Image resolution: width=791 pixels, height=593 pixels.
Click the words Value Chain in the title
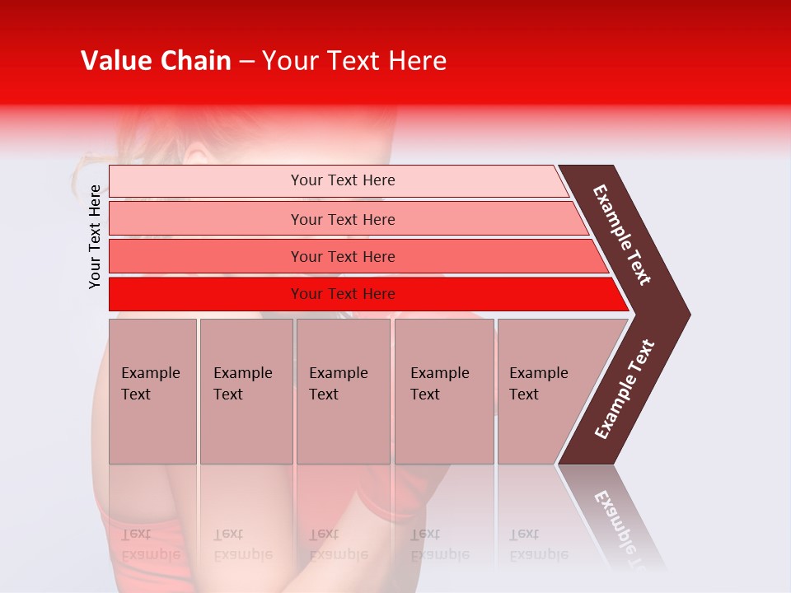pyautogui.click(x=156, y=61)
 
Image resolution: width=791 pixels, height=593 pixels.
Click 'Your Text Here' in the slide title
pyautogui.click(x=354, y=61)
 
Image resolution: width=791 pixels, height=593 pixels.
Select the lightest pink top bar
pyautogui.click(x=206, y=181)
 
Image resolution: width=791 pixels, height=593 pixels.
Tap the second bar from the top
pyautogui.click(x=206, y=219)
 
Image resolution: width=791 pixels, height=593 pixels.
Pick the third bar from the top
pyautogui.click(x=206, y=256)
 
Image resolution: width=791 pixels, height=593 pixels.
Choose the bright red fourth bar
pyautogui.click(x=206, y=294)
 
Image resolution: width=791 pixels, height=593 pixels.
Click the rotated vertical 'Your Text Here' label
pyautogui.click(x=95, y=236)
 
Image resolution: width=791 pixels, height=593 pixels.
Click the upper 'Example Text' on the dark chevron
pyautogui.click(x=622, y=235)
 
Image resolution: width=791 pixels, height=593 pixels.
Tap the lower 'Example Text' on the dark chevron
pyautogui.click(x=625, y=389)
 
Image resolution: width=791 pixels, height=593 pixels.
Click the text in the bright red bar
pyautogui.click(x=343, y=294)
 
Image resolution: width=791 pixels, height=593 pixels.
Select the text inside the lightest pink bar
pyautogui.click(x=343, y=180)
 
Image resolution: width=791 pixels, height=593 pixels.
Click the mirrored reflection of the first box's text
pyautogui.click(x=150, y=544)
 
